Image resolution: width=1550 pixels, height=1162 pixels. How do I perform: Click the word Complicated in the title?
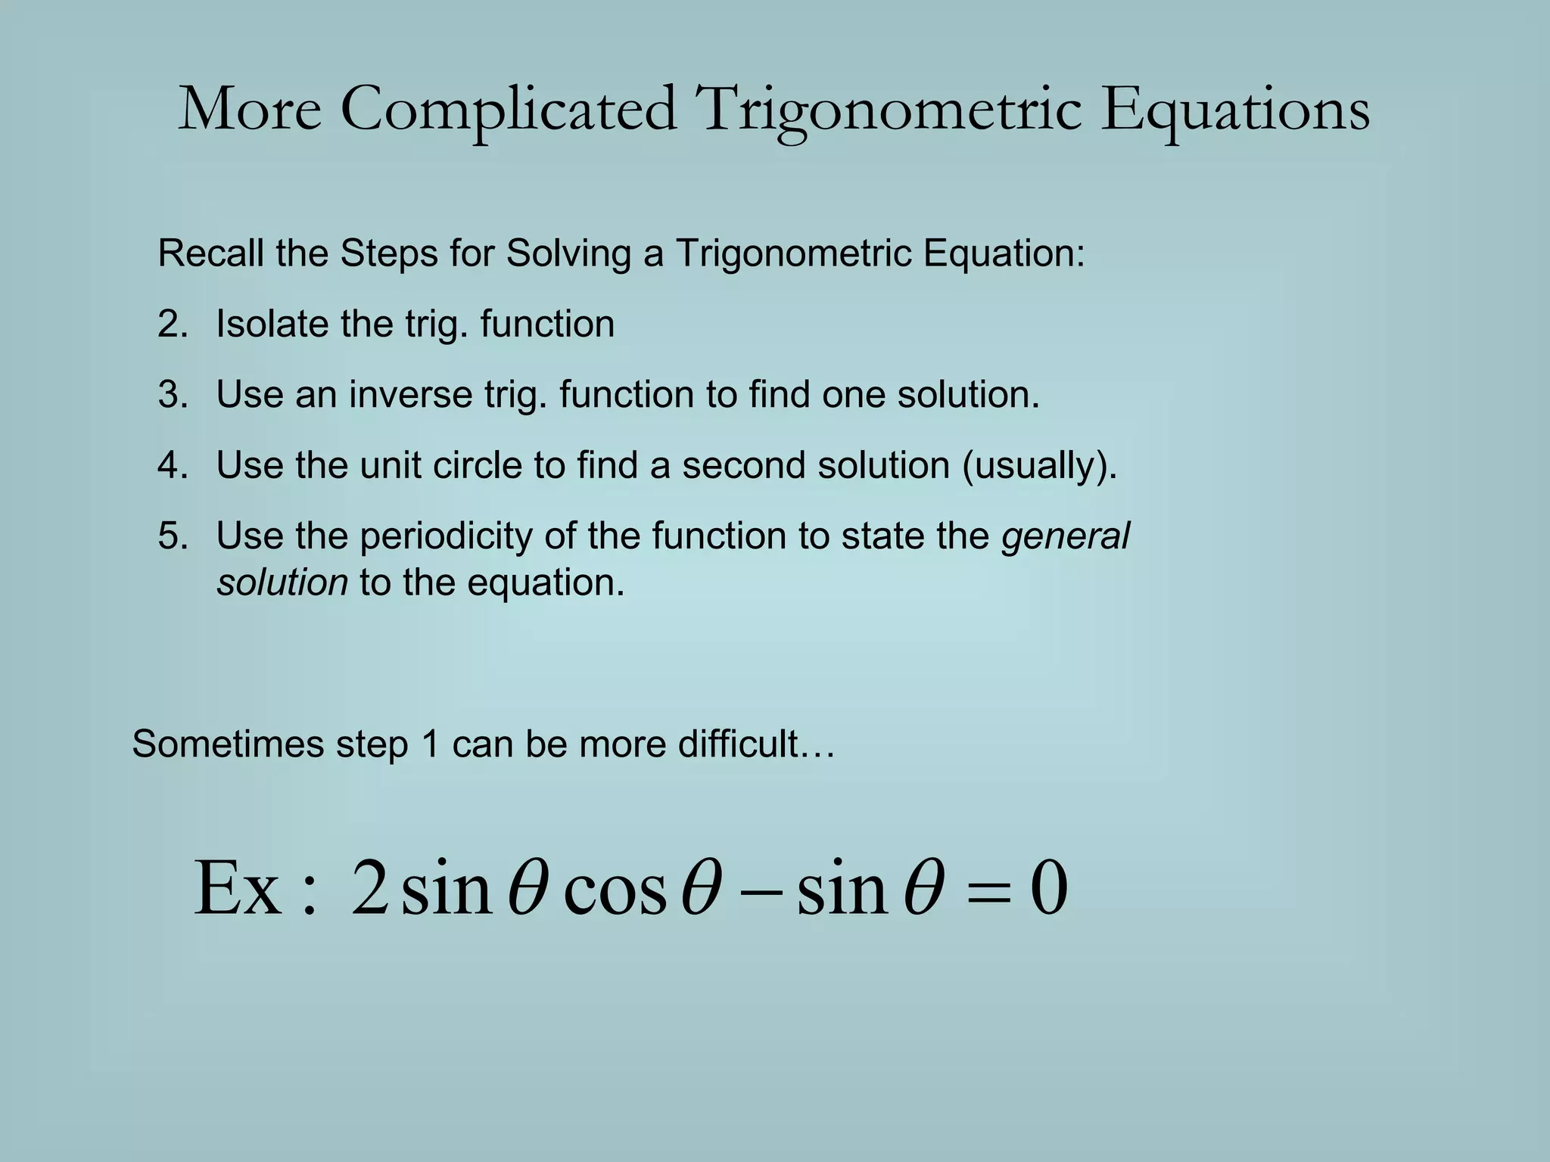click(x=508, y=110)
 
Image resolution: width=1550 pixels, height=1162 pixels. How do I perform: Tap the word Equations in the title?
click(x=1234, y=110)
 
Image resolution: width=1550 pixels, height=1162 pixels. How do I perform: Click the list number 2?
click(x=173, y=324)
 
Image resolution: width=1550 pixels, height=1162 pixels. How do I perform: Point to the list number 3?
click(x=173, y=394)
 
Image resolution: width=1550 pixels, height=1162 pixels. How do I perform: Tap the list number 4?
click(x=173, y=464)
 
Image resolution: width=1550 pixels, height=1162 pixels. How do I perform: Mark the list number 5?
click(x=173, y=536)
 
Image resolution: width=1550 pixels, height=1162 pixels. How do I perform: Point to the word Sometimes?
click(x=228, y=744)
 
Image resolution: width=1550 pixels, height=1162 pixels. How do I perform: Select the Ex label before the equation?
click(x=238, y=888)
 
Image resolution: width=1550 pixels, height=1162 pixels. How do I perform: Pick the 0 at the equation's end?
click(x=1049, y=888)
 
